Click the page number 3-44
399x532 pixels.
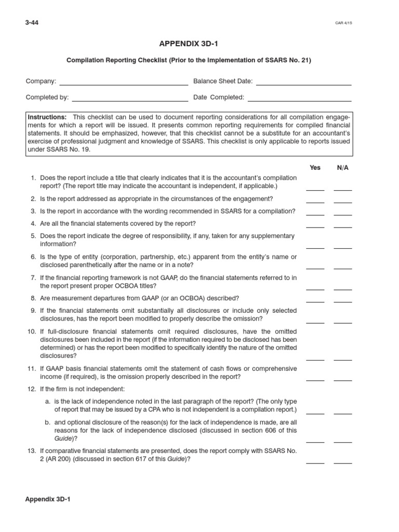point(32,23)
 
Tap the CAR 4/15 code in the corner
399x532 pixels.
point(343,23)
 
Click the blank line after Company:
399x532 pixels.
point(124,83)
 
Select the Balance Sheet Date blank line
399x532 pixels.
point(304,83)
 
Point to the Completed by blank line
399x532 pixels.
point(130,99)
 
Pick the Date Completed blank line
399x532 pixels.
point(300,99)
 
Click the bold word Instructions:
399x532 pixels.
point(47,117)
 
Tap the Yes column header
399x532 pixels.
point(315,168)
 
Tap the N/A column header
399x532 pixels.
point(343,168)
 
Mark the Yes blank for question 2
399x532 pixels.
point(315,201)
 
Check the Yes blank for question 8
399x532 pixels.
point(315,300)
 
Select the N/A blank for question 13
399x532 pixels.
point(343,461)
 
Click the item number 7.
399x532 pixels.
point(33,278)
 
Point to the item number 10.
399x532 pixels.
point(31,331)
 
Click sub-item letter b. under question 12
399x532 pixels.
point(48,422)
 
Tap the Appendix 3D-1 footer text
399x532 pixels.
point(47,499)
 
